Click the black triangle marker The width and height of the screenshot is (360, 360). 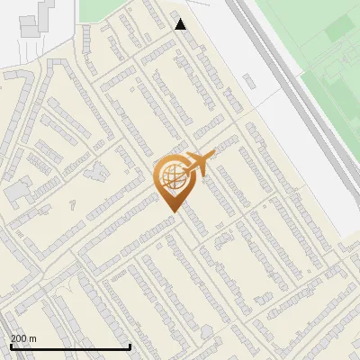click(181, 24)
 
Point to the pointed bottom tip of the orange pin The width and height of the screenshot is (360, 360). click(172, 211)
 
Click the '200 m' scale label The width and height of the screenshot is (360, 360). click(23, 338)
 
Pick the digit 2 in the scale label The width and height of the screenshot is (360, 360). click(13, 338)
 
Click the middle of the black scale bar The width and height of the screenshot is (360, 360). click(70, 346)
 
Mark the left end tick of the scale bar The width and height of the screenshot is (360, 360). click(11, 346)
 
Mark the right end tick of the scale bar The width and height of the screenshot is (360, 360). click(130, 346)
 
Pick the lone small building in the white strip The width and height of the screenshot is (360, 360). click(251, 81)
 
